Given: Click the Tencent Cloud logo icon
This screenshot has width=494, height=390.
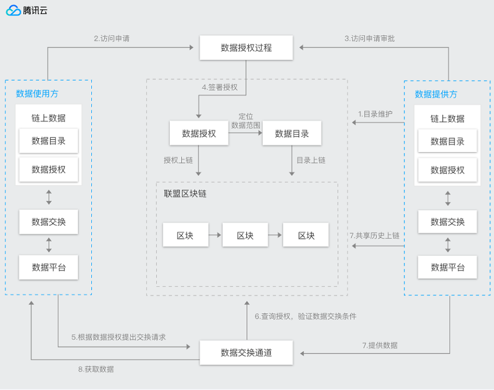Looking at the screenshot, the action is tap(13, 10).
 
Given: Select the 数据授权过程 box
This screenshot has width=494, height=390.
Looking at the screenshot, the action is tap(246, 48).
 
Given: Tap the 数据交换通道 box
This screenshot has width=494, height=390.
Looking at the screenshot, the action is tap(246, 353).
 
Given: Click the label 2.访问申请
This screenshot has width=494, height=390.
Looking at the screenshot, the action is tap(112, 38).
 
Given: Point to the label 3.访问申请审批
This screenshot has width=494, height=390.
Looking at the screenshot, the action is tap(370, 38).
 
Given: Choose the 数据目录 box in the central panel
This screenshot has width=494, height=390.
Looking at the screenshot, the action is tap(292, 133).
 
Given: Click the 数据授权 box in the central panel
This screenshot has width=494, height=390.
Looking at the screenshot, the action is tap(199, 133).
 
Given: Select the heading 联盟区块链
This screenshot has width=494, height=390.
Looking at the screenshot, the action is tap(185, 193).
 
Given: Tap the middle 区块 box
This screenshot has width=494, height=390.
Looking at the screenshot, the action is tap(245, 235).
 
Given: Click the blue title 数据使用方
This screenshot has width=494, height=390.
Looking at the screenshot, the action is tap(37, 93).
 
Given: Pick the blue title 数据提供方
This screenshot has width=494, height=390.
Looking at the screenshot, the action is tap(436, 94).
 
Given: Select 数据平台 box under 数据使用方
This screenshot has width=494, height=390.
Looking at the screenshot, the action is tap(48, 268).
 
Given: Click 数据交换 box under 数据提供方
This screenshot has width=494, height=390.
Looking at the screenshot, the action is tap(448, 222).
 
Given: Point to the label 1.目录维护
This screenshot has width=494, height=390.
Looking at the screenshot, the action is tap(375, 114).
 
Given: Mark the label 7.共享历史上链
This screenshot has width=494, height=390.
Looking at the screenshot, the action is tap(375, 235).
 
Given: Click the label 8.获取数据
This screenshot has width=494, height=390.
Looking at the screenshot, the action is tap(96, 369).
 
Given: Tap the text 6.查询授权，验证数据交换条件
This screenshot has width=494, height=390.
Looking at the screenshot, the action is tap(306, 316).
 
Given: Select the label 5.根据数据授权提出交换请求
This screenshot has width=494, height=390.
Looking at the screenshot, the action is tap(119, 337).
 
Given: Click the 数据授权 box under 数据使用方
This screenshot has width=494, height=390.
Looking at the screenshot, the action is tap(48, 169).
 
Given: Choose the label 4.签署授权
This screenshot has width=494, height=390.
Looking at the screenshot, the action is tap(220, 87).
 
